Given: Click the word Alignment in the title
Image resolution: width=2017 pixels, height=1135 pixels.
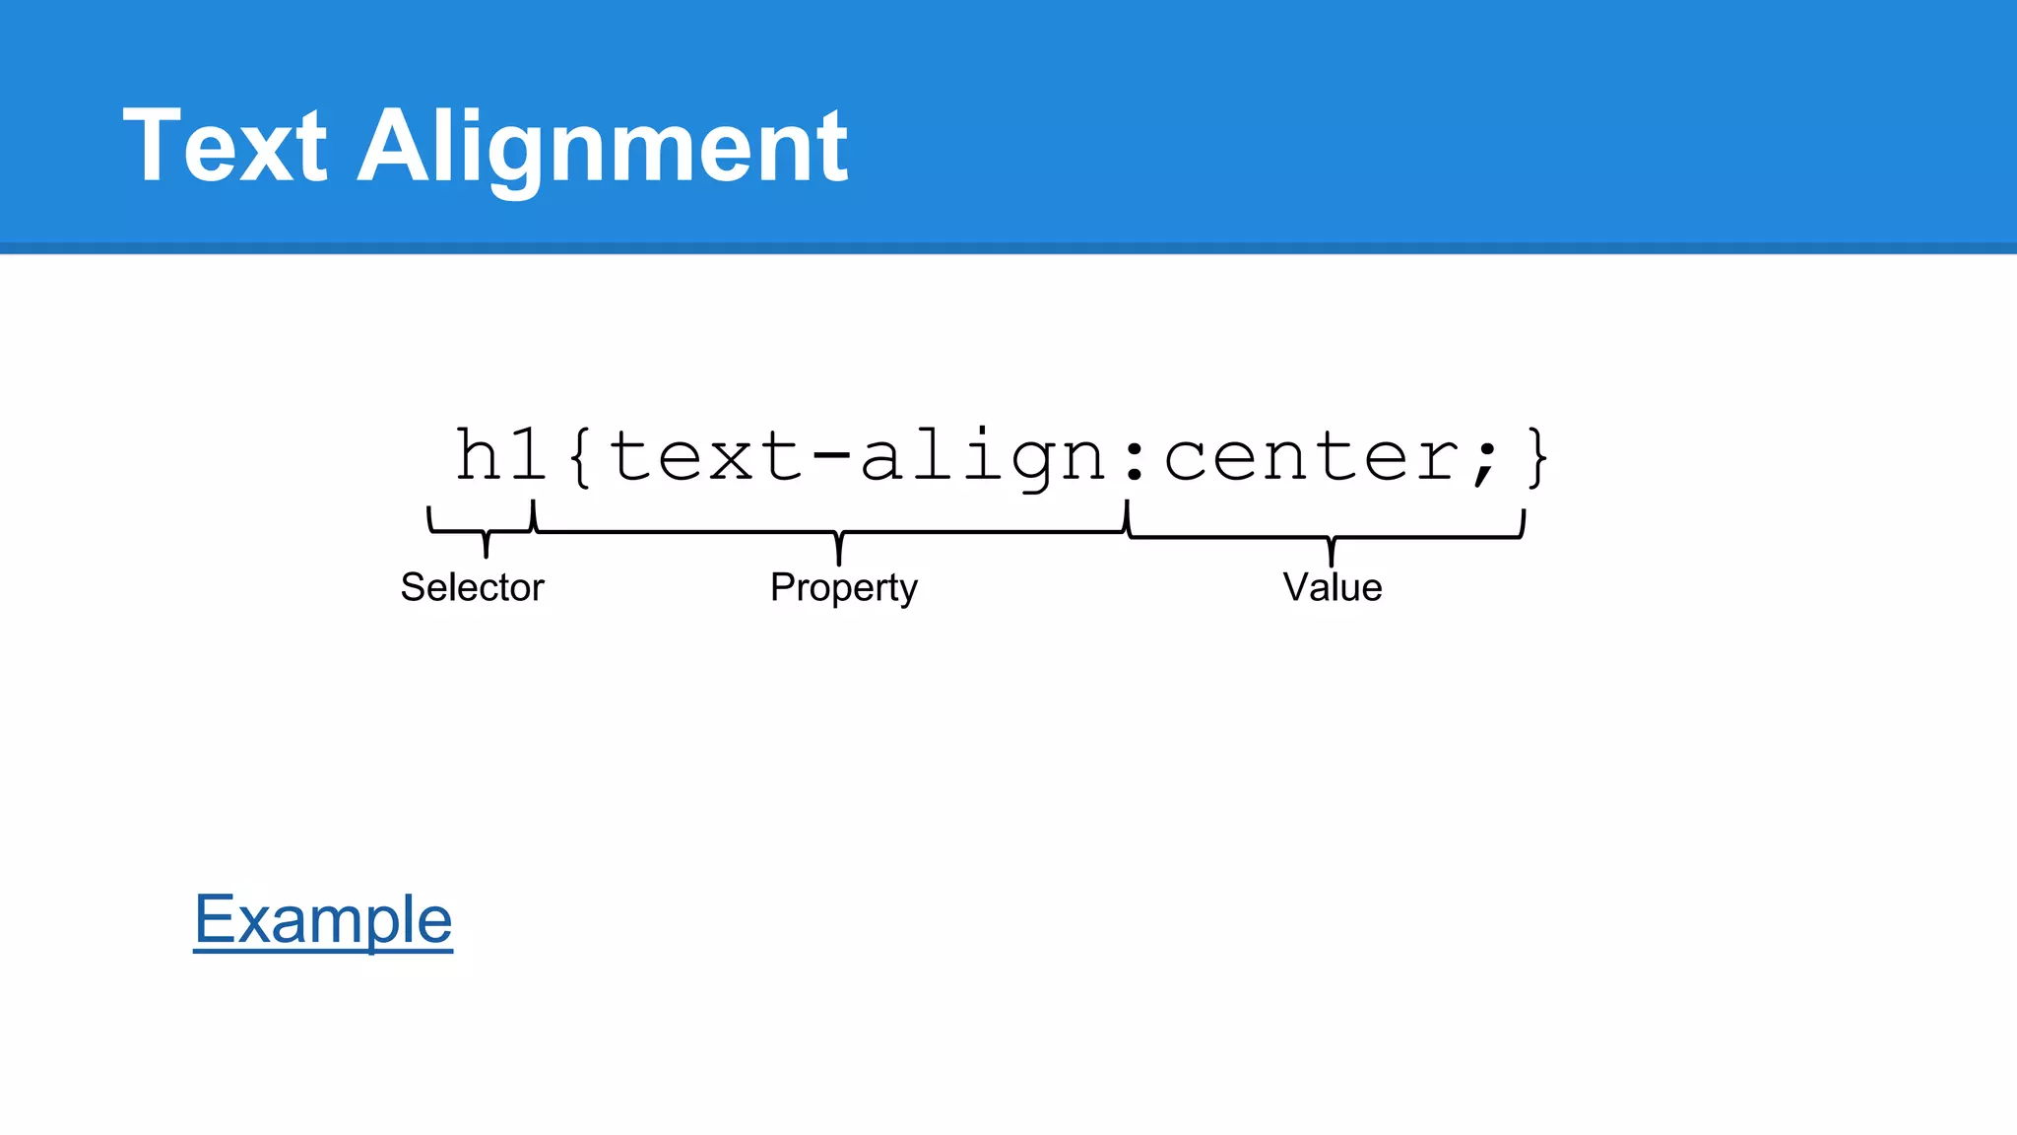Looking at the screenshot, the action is point(602,148).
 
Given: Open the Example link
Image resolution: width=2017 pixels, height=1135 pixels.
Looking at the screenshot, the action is point(323,919).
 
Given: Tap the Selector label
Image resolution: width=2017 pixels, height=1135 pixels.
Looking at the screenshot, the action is point(472,587).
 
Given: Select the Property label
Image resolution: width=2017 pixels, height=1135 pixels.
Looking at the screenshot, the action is point(843,588).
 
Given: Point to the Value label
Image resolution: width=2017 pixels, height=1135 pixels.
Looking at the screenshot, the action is point(1332,587).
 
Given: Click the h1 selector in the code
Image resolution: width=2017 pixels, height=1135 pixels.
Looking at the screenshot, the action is point(500,455).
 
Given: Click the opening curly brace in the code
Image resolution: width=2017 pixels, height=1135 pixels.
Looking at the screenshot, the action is point(581,457).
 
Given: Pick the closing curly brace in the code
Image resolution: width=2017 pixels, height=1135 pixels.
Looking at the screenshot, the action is point(1536,457).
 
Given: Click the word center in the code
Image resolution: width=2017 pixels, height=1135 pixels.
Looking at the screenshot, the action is point(1311,457).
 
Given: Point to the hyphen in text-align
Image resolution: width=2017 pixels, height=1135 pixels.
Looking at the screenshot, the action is point(832,456).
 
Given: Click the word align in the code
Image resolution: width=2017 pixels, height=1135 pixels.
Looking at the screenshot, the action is point(983,457).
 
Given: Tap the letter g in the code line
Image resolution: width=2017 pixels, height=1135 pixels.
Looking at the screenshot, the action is point(1033,463).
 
